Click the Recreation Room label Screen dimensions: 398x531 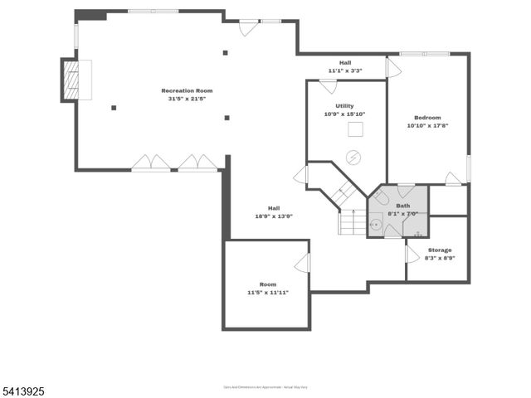[x=187, y=90]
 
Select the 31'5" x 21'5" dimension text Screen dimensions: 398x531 [x=187, y=99]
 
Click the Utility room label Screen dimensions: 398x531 [x=344, y=106]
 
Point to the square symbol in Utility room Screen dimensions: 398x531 [x=355, y=129]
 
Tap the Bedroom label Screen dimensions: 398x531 [x=427, y=118]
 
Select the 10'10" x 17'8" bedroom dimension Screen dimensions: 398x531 [x=427, y=126]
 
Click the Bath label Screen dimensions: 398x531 [x=402, y=206]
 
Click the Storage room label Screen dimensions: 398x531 [x=440, y=250]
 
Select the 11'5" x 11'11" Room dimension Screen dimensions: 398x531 [x=267, y=293]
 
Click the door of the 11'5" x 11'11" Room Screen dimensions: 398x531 [x=303, y=263]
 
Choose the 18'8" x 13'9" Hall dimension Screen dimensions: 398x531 [x=274, y=216]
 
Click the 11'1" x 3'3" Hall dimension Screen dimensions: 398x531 [x=345, y=70]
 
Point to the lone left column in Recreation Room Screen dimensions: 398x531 [x=114, y=107]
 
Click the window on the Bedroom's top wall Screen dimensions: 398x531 [x=425, y=55]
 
